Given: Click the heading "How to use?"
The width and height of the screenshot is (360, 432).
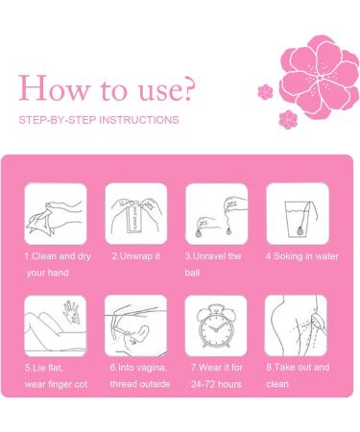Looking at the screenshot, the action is point(107,88).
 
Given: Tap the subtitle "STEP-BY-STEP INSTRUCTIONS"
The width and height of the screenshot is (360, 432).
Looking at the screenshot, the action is point(99,120).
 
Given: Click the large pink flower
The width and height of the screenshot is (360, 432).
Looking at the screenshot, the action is point(320,77).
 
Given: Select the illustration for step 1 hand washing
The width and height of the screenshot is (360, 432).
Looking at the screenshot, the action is point(56,214).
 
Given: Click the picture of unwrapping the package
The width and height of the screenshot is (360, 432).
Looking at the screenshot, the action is point(136,214).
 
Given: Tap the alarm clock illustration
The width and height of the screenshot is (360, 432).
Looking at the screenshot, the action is point(216,325).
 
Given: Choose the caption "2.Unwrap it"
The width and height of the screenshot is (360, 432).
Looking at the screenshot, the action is point(135,256).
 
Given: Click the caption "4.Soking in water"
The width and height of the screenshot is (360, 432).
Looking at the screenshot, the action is point(301,256).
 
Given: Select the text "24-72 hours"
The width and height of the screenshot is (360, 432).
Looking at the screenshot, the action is point(216,384).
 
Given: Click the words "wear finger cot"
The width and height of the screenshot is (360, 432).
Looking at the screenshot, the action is point(56,384).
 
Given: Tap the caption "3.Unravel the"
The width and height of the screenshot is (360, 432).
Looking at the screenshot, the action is point(213,256).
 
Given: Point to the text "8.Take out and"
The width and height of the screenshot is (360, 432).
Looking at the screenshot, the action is point(298,367).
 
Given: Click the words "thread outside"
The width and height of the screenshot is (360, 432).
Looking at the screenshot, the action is point(140,384).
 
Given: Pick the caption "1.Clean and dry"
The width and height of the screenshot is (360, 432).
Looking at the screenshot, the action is point(58,256).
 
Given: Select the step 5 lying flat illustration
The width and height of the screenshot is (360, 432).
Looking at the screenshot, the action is point(56,325).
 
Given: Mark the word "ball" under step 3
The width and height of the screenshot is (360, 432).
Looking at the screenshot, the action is point(192,273).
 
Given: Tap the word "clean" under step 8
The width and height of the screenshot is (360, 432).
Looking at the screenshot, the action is point(277,384).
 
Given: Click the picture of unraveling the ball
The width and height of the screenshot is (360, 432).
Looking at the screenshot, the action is point(217,214).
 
